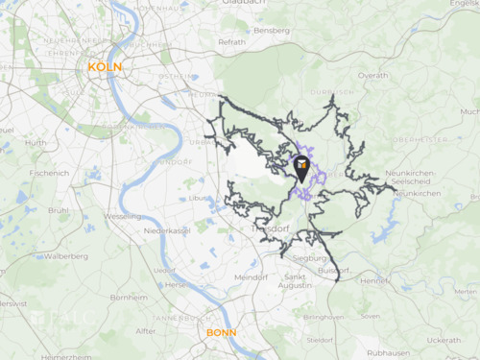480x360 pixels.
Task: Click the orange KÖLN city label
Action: pos(104,66)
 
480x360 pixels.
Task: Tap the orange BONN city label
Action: pos(221,333)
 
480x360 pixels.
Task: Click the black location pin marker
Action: pos(301,169)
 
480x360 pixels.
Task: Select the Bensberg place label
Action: pos(272,31)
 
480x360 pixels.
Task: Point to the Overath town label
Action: pos(372,75)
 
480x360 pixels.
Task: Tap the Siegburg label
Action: pos(309,258)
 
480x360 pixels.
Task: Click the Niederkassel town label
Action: pos(166,231)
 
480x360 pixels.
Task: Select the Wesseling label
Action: pos(122,216)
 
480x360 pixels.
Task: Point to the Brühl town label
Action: pos(59,209)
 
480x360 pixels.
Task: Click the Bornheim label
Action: pos(129,298)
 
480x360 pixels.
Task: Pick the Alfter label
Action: pos(146,331)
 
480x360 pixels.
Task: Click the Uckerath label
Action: pos(444,340)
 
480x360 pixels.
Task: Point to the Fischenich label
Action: pos(49,173)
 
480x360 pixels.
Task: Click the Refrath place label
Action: pos(232,42)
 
